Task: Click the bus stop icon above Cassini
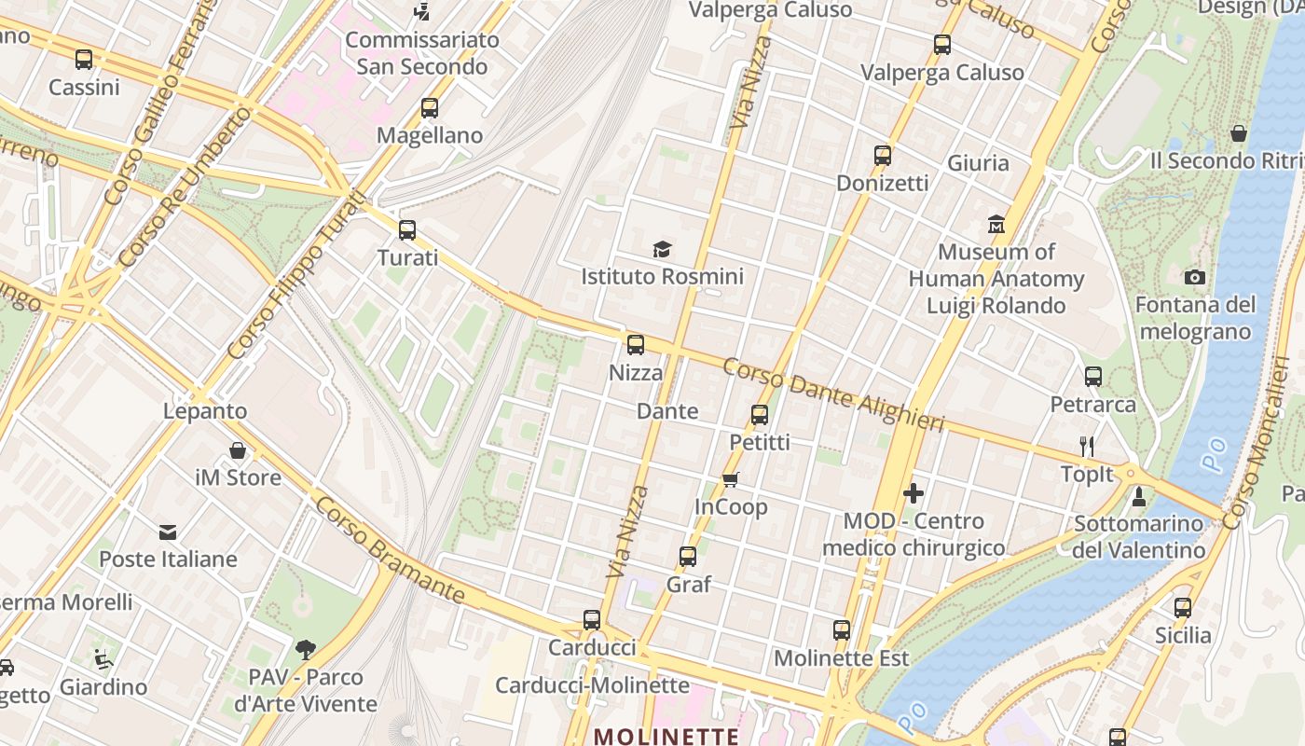pos(84,60)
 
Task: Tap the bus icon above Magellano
pos(429,108)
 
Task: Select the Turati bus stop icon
pos(406,230)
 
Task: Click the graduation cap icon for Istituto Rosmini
pos(662,249)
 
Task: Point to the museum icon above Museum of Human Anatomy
pos(996,224)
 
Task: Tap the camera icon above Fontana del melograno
pos(1194,277)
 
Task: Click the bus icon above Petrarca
pos(1093,377)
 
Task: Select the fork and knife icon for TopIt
pos(1086,446)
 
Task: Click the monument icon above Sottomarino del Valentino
pos(1138,496)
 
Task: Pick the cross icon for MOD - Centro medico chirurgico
pos(913,493)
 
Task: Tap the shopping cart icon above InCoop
pos(731,479)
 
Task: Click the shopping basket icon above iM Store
pos(238,450)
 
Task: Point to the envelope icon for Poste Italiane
pos(168,532)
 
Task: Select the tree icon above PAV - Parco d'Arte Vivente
pos(305,649)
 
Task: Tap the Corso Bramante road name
pos(390,550)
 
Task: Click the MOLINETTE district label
pos(666,736)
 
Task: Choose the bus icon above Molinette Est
pos(842,630)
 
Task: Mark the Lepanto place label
pos(205,411)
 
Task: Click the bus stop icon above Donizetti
pos(882,156)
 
